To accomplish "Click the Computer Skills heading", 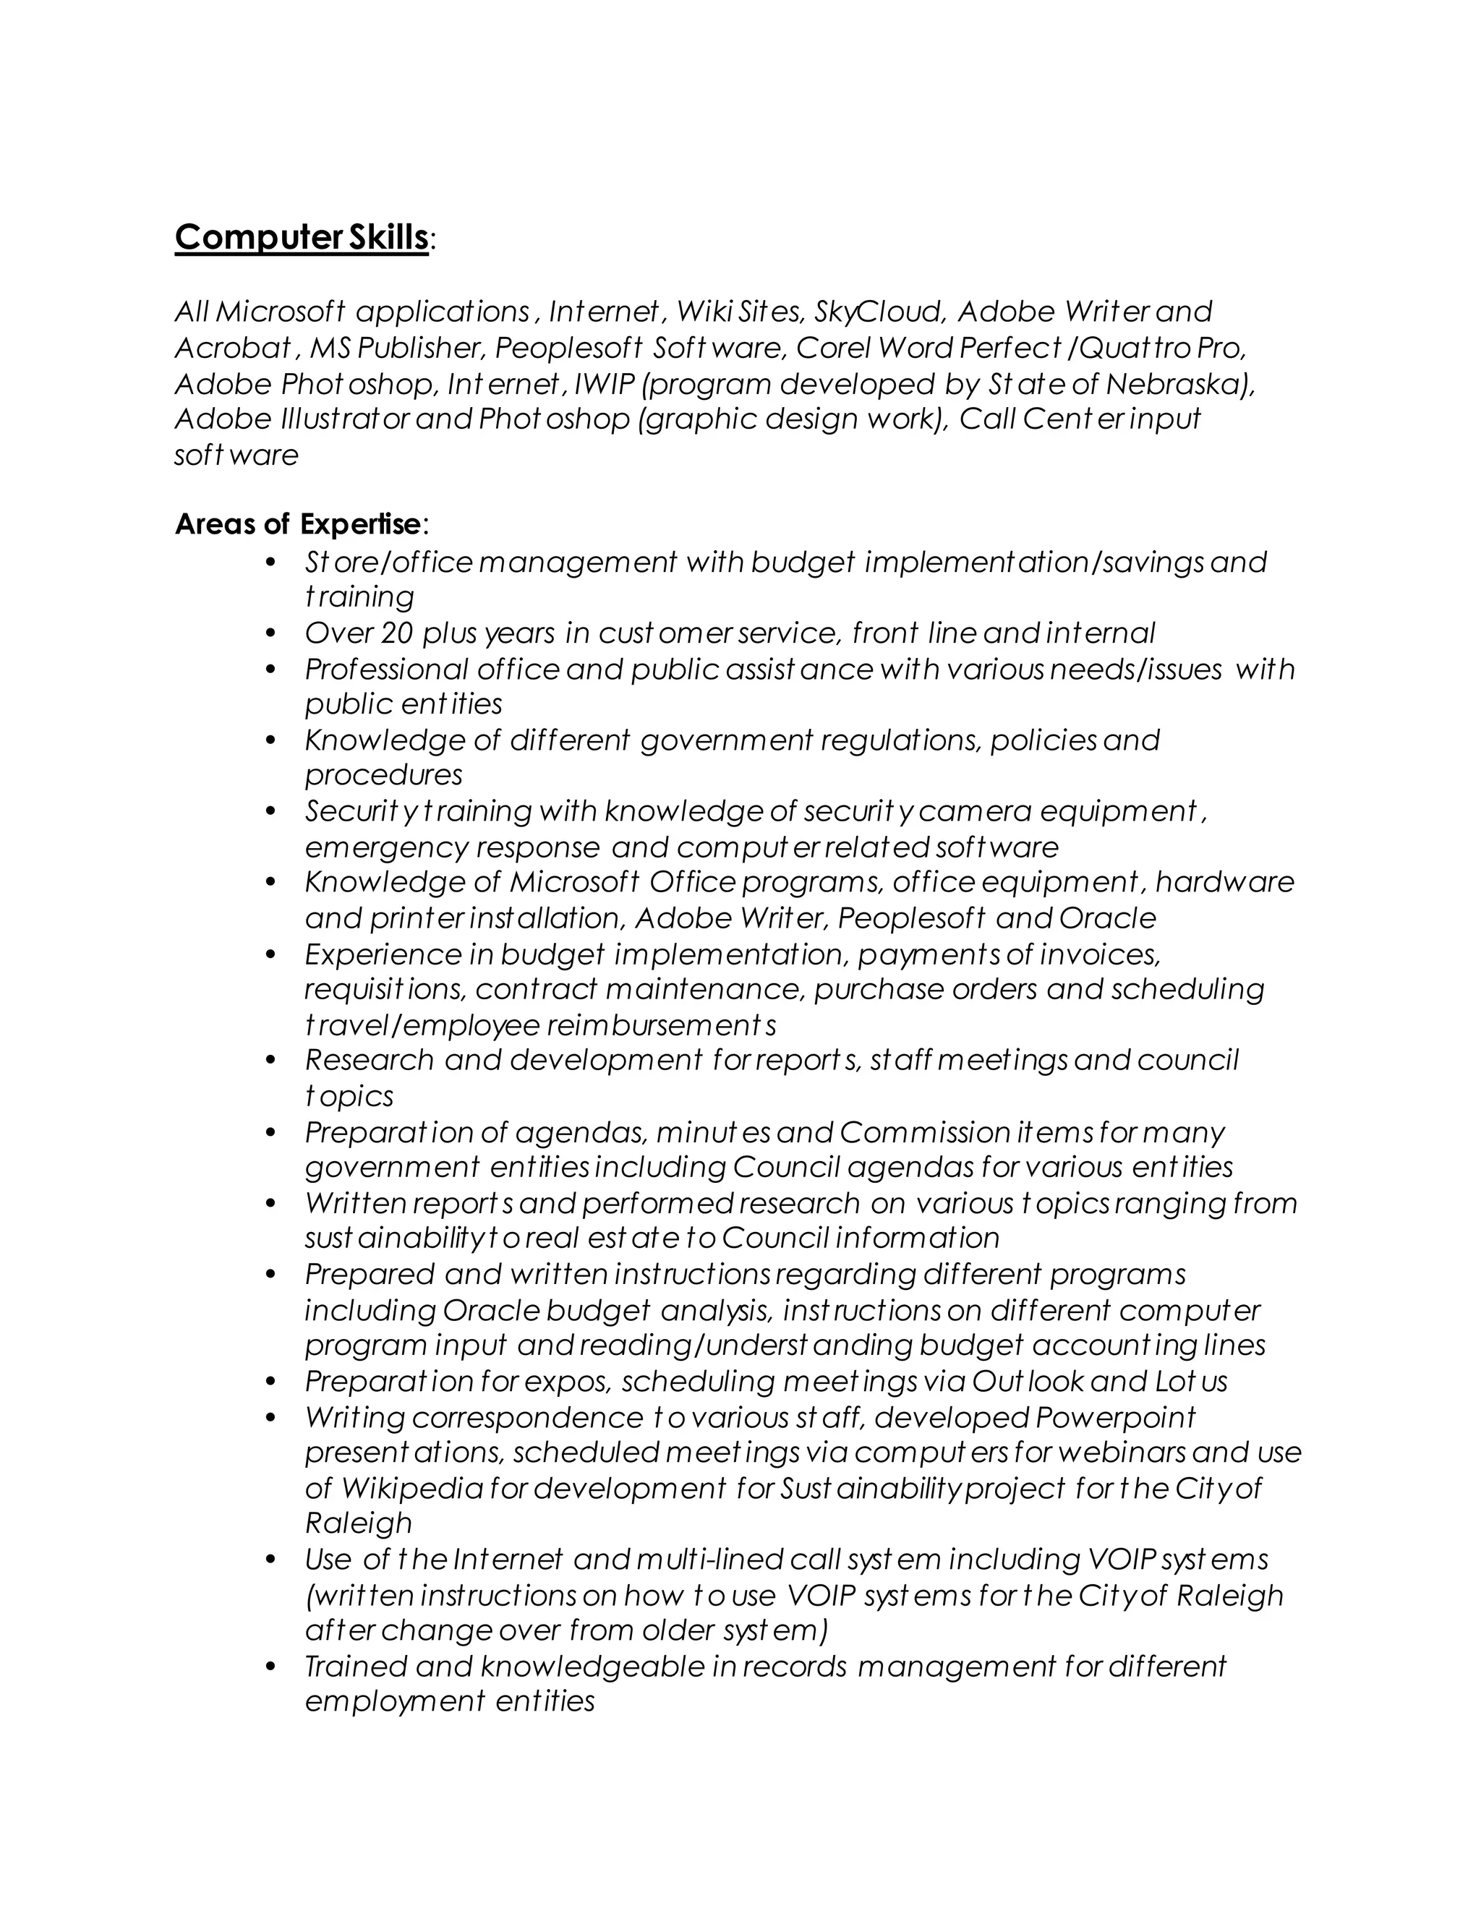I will coord(301,238).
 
